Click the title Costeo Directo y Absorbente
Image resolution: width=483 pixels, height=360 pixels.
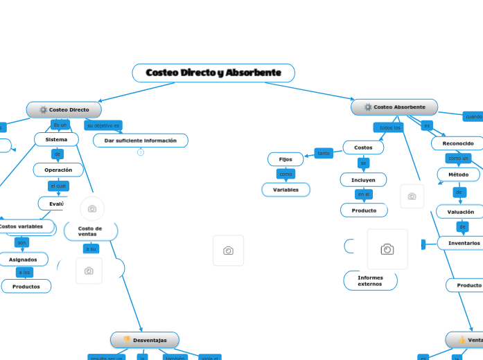pos(213,73)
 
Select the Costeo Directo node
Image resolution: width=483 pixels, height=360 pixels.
pos(64,109)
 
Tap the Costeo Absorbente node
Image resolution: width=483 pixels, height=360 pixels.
pos(394,107)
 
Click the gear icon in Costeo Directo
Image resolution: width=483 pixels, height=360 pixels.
pos(43,109)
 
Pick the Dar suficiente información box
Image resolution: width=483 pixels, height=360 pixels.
pos(141,141)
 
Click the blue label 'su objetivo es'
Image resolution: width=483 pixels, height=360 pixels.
pos(103,125)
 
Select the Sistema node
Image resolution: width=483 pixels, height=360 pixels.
pos(56,140)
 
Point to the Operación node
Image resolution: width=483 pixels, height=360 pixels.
pos(58,170)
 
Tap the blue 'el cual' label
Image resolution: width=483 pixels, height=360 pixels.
pos(58,186)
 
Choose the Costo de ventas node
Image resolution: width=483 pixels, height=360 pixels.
pos(90,231)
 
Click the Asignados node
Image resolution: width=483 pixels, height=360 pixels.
pos(23,259)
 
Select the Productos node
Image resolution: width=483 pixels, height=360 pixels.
pos(26,286)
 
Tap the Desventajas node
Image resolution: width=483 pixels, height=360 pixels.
pos(145,340)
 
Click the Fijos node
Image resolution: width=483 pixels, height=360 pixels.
pos(286,159)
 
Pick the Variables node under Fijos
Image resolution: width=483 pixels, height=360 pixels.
pos(286,190)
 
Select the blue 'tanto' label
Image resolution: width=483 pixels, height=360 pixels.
pos(324,153)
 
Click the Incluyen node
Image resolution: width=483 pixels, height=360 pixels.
pos(363,179)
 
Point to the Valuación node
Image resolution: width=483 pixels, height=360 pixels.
pos(460,212)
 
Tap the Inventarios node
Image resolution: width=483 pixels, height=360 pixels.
pos(463,243)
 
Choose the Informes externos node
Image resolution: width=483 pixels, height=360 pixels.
pos(370,280)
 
